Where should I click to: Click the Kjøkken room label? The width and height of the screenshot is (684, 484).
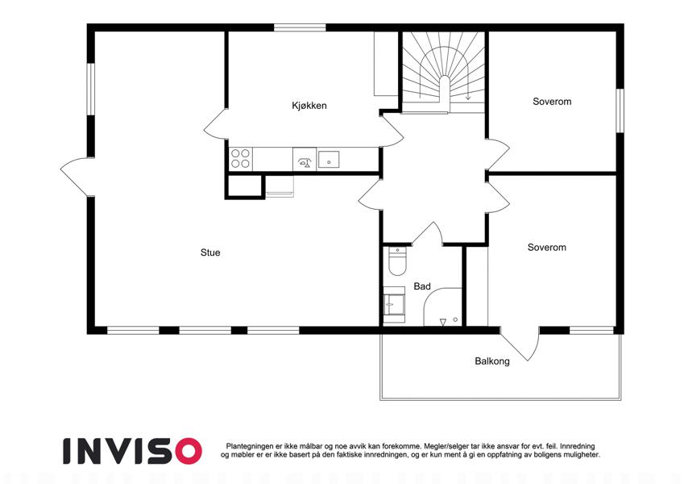309,106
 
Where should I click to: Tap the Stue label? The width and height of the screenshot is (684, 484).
210,252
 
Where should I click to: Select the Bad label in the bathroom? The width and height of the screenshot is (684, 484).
422,286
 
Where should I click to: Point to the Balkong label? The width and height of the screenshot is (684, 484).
492,361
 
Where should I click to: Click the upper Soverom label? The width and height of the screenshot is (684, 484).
552,102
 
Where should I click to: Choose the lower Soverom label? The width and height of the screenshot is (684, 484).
546,247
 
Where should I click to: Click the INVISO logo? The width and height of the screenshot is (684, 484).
133,451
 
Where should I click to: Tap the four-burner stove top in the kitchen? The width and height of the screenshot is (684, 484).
240,159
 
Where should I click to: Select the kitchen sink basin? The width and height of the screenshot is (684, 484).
329,160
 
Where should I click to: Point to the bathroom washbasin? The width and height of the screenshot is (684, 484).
394,304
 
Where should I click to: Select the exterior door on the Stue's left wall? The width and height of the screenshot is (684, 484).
77,177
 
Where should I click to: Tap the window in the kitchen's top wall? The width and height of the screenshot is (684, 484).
300,27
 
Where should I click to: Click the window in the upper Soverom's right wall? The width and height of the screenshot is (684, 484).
620,111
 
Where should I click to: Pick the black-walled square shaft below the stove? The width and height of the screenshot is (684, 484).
245,187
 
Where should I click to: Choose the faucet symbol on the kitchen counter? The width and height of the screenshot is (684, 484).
305,163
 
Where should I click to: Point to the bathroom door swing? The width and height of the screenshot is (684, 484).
428,233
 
